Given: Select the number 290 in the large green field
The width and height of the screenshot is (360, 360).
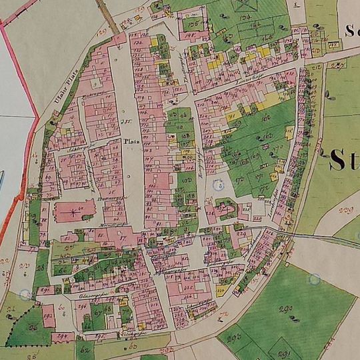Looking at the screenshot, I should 287,308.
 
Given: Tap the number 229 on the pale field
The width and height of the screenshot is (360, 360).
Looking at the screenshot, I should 345,212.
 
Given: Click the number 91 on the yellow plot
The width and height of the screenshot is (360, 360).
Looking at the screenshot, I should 233,115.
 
